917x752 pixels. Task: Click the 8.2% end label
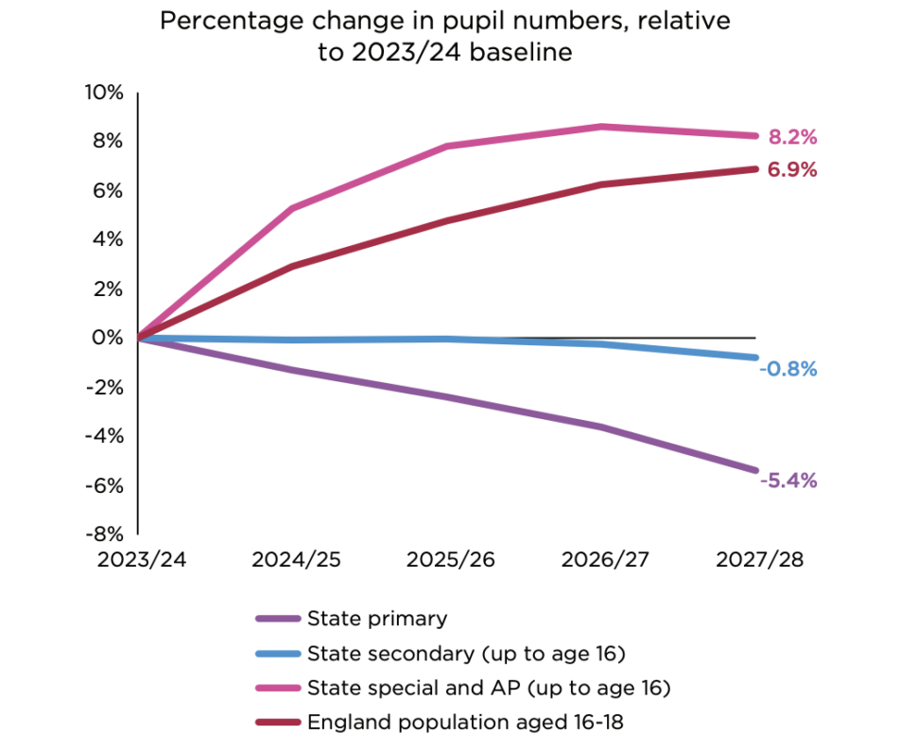point(791,138)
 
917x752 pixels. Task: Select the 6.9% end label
point(791,170)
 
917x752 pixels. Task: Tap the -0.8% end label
point(787,369)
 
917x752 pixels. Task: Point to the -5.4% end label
point(787,480)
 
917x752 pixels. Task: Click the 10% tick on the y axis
point(106,93)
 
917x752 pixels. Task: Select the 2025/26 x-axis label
point(450,560)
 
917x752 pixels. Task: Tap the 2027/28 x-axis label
point(759,560)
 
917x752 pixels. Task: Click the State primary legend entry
point(376,620)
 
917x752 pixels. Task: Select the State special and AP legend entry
point(488,688)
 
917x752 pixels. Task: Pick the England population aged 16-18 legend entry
point(465,722)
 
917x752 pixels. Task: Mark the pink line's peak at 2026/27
point(602,127)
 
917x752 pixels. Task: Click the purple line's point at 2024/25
point(294,370)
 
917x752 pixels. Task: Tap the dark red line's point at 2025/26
point(448,220)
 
